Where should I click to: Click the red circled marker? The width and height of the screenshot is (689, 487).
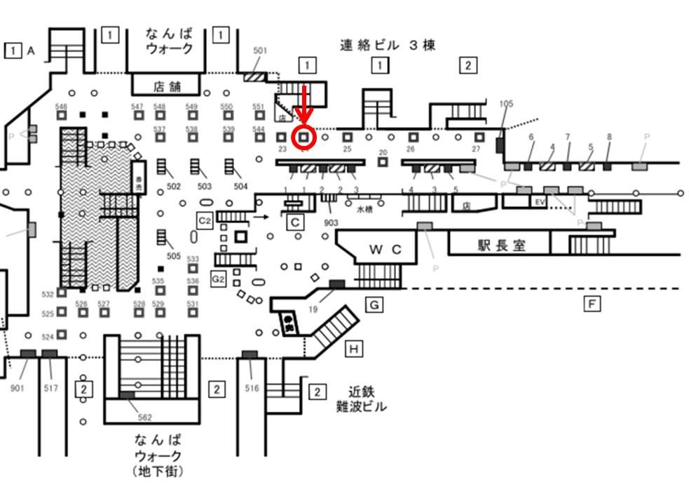point(304,136)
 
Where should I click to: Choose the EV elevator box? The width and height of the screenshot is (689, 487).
point(540,202)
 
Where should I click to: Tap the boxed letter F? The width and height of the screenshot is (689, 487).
point(593,304)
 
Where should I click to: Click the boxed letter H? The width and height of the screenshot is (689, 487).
point(355,347)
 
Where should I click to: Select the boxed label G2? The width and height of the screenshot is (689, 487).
point(219,279)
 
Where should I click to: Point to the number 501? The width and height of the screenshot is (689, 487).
point(260,50)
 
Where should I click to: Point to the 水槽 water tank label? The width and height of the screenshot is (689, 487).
point(365,208)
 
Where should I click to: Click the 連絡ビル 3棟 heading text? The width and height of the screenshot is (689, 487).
point(388,46)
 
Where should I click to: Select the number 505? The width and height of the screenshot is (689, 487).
point(174,256)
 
